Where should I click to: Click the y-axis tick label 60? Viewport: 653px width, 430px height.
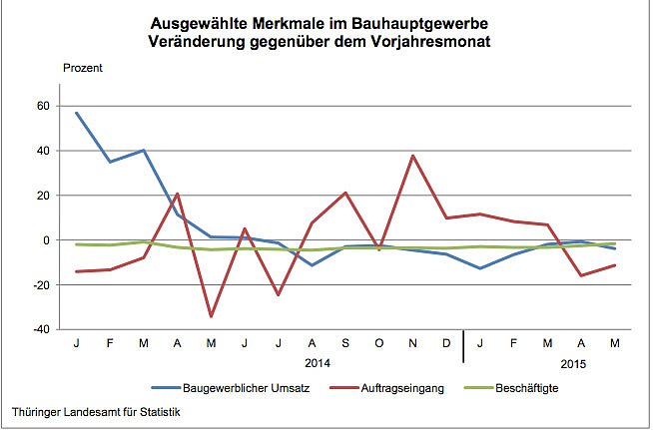(42, 106)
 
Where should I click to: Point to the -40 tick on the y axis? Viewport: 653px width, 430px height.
(40, 330)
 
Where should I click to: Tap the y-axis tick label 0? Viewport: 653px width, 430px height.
(46, 240)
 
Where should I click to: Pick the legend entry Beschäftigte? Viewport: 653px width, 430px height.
(531, 387)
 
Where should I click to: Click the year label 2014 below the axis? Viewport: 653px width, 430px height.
(318, 363)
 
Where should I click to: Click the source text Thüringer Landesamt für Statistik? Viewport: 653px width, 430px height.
(93, 412)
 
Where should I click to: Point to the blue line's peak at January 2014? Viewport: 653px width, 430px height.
(77, 113)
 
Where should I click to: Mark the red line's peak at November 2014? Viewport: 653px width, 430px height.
(413, 156)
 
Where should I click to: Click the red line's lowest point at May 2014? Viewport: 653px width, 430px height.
(211, 316)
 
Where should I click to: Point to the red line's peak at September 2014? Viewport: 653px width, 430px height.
(345, 193)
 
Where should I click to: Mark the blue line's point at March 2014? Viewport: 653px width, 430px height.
(144, 151)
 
